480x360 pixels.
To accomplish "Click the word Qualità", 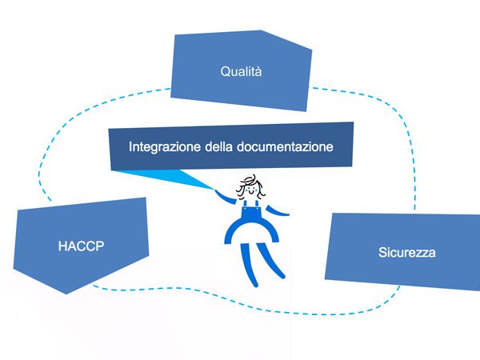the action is pyautogui.click(x=241, y=71).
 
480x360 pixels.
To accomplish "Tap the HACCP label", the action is pyautogui.click(x=81, y=246).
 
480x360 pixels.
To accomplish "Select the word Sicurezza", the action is pyautogui.click(x=407, y=253).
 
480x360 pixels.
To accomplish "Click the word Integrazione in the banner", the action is pyautogui.click(x=165, y=146).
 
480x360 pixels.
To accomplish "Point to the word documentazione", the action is pyautogui.click(x=285, y=146).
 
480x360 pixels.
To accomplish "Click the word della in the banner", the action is pyautogui.click(x=218, y=146).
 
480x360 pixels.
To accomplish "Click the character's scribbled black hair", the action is pyautogui.click(x=250, y=186).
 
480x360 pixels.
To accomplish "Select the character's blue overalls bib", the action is pyautogui.click(x=251, y=210).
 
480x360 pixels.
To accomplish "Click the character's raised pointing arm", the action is pyautogui.click(x=225, y=197).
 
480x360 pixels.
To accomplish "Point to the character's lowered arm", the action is pyautogui.click(x=277, y=211).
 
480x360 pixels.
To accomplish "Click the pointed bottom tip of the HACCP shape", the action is pyautogui.click(x=66, y=294).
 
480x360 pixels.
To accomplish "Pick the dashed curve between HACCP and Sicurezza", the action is pyautogui.click(x=245, y=303).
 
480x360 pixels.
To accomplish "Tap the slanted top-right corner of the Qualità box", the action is pyautogui.click(x=312, y=50).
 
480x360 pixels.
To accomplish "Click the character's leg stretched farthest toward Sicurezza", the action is pyautogui.click(x=271, y=261).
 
